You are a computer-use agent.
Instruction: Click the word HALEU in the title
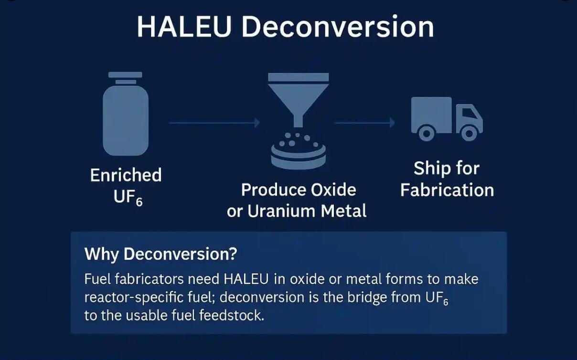click(184, 27)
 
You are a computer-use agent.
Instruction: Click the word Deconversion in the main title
click(338, 27)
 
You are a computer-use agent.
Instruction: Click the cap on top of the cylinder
click(125, 74)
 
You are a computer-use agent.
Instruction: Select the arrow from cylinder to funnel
click(214, 123)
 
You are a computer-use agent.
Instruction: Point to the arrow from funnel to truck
click(364, 123)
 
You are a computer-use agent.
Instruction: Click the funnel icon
click(298, 100)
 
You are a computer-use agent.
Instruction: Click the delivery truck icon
click(447, 119)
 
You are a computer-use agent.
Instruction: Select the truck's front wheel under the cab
click(469, 133)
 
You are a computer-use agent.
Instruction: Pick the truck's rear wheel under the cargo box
click(427, 133)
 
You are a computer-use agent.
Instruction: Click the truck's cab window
click(469, 113)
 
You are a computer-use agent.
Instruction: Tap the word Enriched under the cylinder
click(126, 175)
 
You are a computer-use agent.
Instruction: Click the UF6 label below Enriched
click(128, 198)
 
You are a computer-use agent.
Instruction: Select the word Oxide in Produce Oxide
click(333, 190)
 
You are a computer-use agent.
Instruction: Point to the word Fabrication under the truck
click(447, 190)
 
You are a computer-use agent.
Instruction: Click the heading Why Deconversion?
click(161, 254)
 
